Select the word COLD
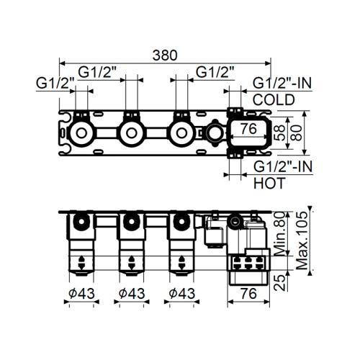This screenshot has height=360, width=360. click(x=274, y=101)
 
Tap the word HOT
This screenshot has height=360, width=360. click(x=269, y=183)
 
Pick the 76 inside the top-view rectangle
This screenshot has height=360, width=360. click(x=249, y=130)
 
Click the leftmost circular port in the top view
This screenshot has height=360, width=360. click(x=81, y=132)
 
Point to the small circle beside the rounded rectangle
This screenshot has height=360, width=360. click(x=213, y=132)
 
